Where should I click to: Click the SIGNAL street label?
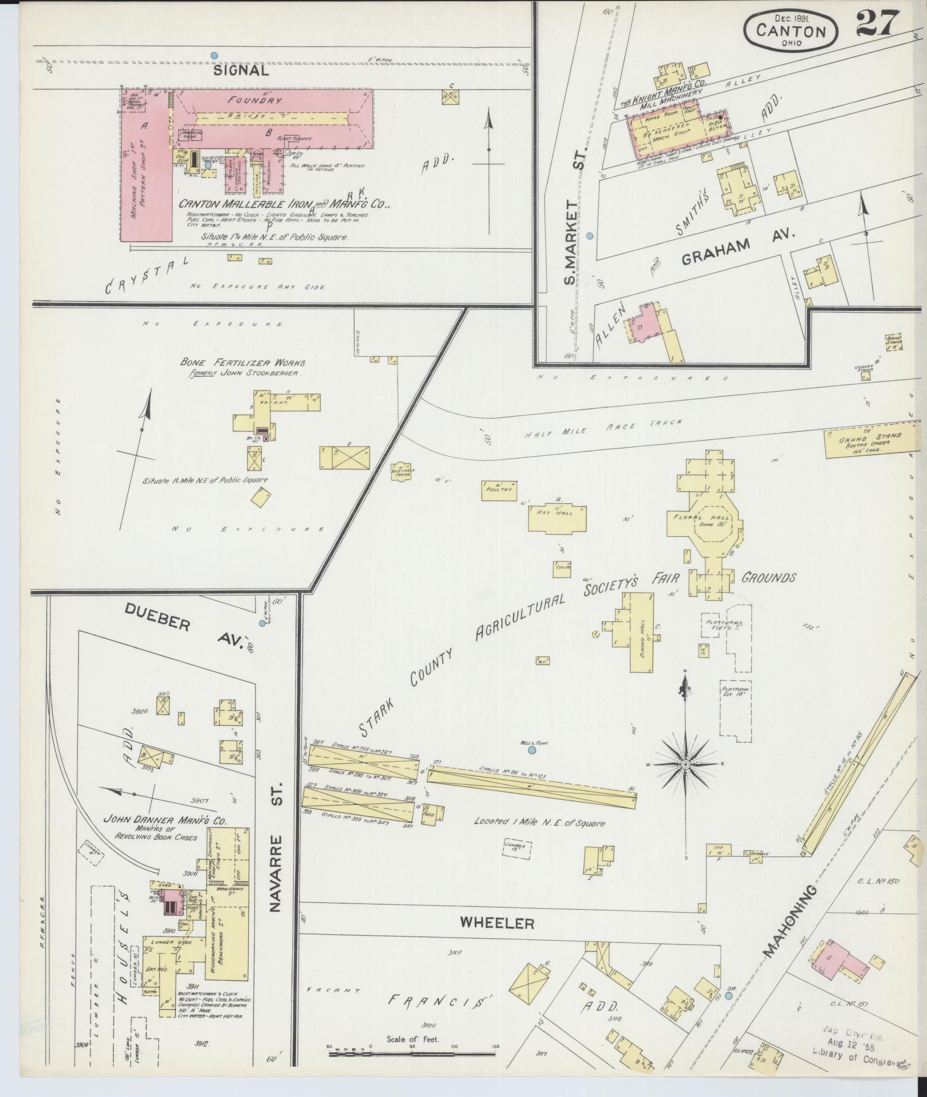(241, 71)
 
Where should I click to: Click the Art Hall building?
(558, 517)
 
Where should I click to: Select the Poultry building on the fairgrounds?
(499, 490)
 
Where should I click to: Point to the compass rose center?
(686, 763)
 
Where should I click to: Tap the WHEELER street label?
(497, 923)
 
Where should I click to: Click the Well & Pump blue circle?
(532, 750)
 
